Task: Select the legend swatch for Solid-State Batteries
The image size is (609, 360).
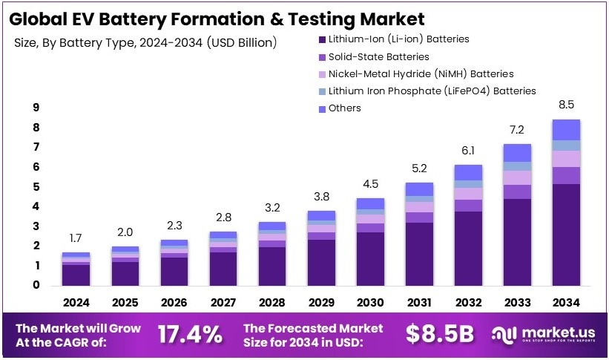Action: point(321,56)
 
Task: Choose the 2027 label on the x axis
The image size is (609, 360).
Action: point(223,303)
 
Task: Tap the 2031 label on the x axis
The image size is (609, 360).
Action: point(419,303)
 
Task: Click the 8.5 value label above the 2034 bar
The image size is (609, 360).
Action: point(567,105)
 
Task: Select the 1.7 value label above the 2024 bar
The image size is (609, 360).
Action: point(76,238)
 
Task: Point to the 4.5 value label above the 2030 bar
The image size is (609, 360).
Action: point(370,184)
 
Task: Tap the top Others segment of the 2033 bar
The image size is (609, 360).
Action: point(517,153)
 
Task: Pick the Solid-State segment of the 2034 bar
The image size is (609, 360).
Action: point(566,175)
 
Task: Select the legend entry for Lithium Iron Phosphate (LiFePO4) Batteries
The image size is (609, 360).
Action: point(431,91)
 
